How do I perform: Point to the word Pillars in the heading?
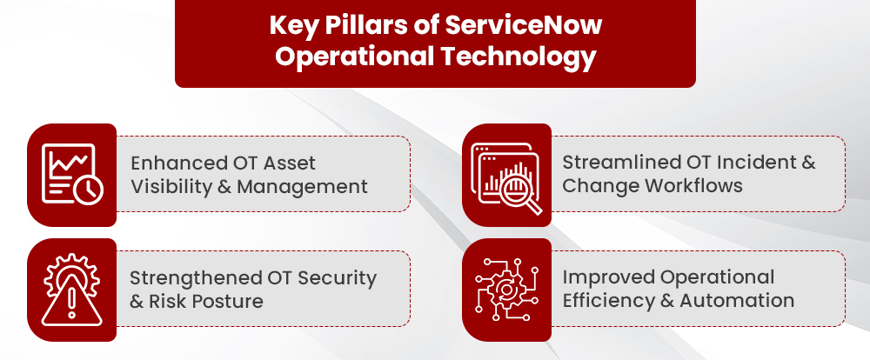point(364,25)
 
